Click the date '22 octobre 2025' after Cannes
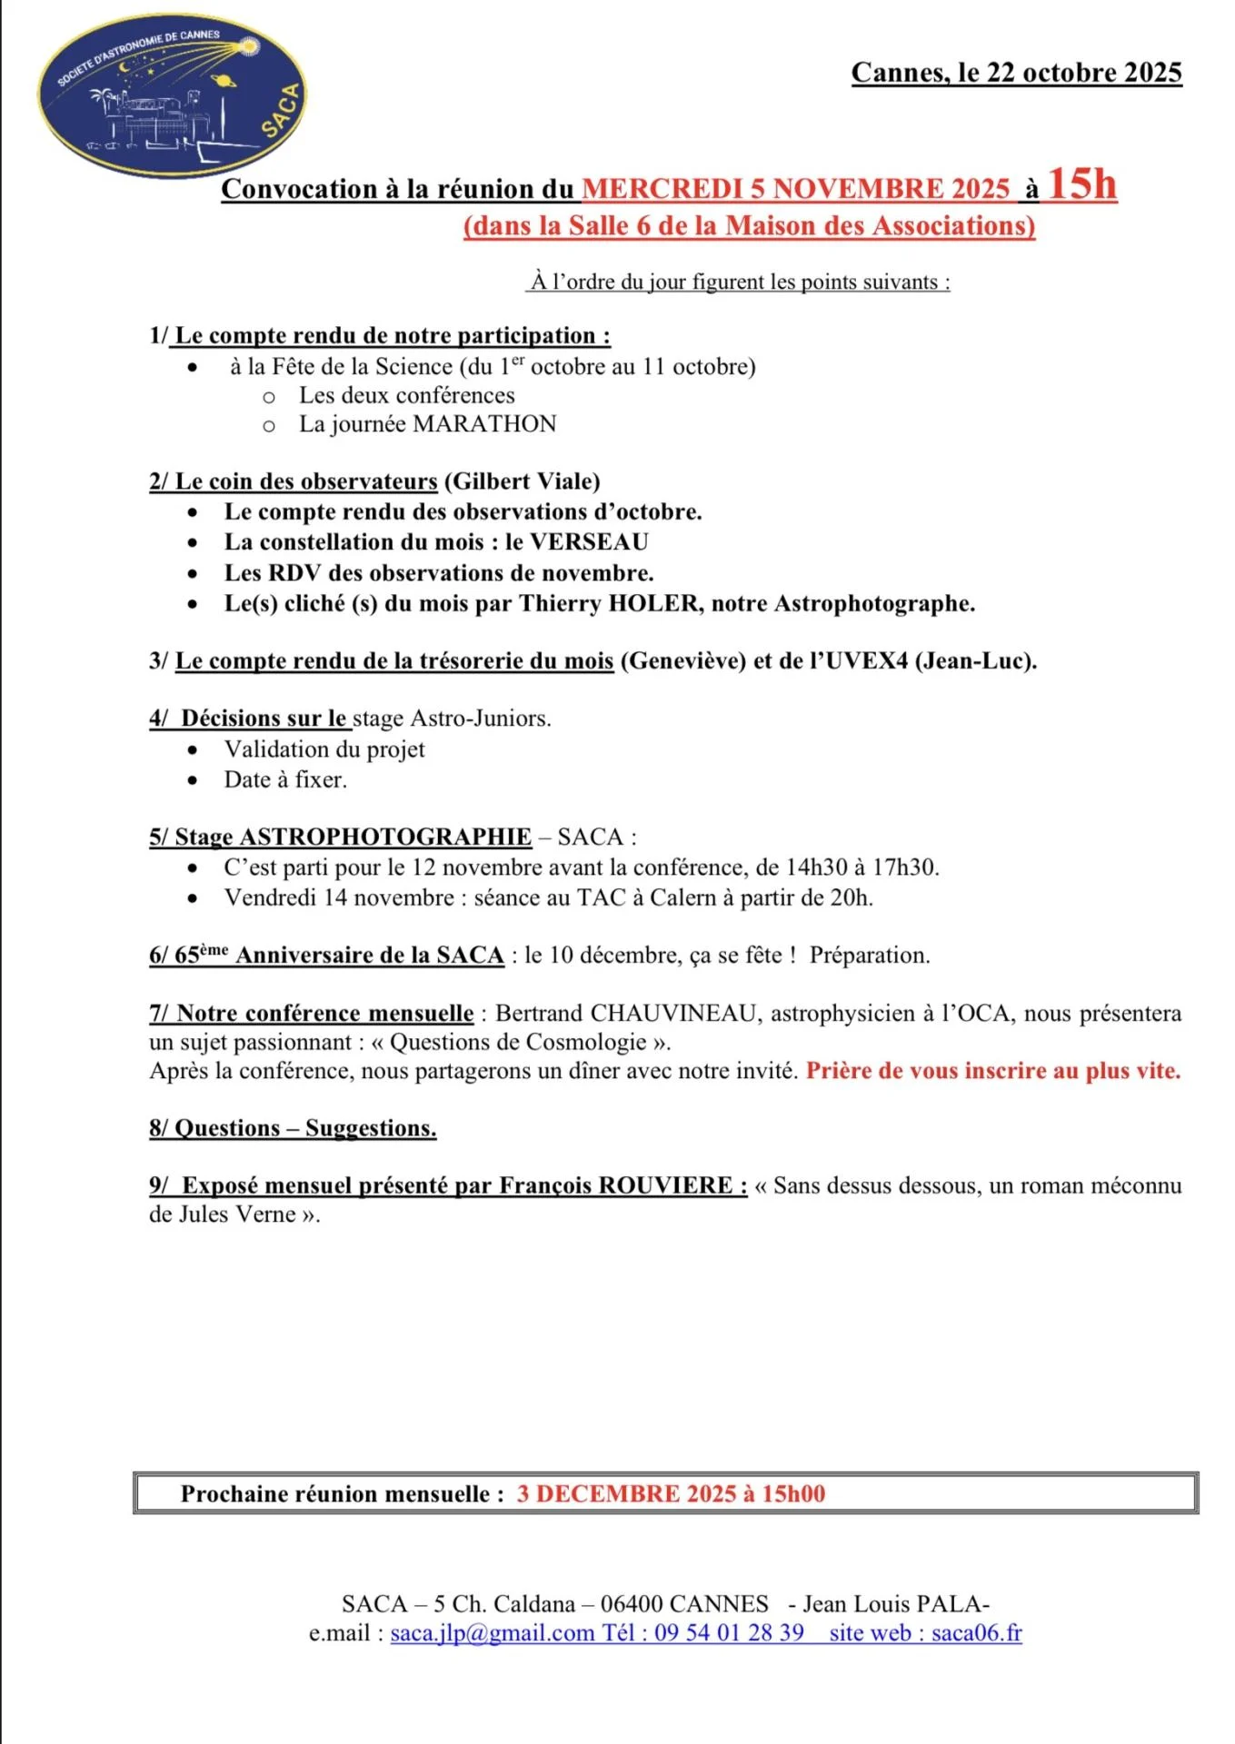[x=1084, y=73]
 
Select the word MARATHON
[x=484, y=424]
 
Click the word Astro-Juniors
[x=479, y=718]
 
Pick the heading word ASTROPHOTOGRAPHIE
[x=385, y=837]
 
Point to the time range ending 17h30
[x=862, y=867]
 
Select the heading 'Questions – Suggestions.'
[x=293, y=1128]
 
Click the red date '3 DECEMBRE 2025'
[x=627, y=1494]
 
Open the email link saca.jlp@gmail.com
[x=492, y=1633]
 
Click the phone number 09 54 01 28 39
[x=729, y=1633]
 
